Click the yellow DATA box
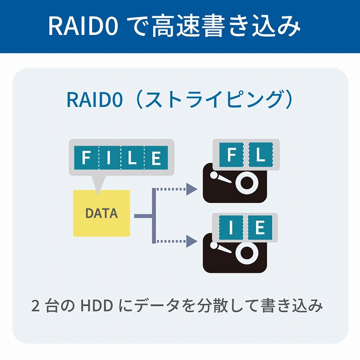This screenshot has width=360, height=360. [x=101, y=213]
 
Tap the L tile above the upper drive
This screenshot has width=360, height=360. [x=261, y=155]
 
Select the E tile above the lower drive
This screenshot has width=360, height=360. [x=261, y=226]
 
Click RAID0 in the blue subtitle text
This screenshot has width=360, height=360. [x=94, y=100]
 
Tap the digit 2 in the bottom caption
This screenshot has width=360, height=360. [x=35, y=307]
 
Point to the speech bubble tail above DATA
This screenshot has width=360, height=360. [x=98, y=183]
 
